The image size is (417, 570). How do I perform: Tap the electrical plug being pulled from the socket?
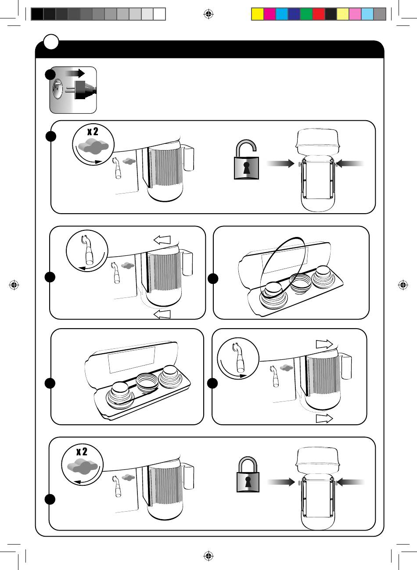(83, 90)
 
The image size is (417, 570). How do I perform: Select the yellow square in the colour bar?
(257, 14)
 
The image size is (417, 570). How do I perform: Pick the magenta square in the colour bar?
(270, 14)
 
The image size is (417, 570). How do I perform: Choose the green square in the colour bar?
(306, 14)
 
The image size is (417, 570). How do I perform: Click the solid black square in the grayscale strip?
(37, 14)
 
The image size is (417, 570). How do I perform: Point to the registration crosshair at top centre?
(208, 14)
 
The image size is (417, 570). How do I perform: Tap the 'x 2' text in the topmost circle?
(92, 132)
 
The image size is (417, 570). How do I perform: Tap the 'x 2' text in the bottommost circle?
(82, 452)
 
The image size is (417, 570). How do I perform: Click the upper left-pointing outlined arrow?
(162, 239)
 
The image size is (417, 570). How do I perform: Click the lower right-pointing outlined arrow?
(324, 419)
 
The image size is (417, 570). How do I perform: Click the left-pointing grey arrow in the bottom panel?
(351, 482)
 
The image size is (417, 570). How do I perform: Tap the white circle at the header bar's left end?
(51, 42)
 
